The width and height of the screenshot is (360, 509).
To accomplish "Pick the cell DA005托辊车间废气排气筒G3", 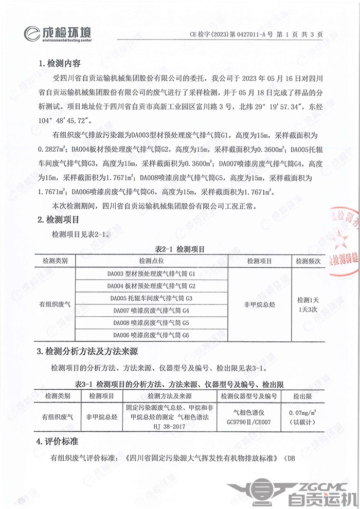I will pos(151,298).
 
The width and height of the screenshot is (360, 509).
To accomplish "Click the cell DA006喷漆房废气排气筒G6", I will pos(151,336).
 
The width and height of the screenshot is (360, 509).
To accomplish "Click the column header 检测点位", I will pos(151,261).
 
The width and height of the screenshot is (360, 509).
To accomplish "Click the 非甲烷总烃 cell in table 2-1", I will pos(259,304).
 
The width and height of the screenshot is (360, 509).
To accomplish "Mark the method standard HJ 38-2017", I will pos(169,427).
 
